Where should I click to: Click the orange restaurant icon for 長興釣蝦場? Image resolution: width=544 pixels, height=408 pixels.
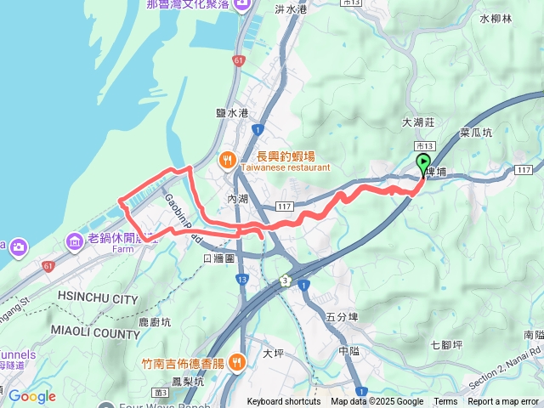[x=227, y=158]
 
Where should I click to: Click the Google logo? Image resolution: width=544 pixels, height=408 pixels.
[x=31, y=396]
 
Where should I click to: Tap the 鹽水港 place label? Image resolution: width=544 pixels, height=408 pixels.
[x=231, y=113]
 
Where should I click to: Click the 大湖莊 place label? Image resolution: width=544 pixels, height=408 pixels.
[x=418, y=122]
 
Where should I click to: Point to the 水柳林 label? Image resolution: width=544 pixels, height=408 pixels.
[x=496, y=18]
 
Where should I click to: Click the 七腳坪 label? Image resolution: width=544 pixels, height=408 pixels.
[x=445, y=344]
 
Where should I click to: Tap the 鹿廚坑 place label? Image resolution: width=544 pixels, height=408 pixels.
[x=155, y=323]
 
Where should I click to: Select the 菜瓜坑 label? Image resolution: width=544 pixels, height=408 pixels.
[x=476, y=133]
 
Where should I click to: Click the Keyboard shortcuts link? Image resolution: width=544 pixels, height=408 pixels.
[x=284, y=401]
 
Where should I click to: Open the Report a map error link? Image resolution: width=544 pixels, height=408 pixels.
[x=503, y=401]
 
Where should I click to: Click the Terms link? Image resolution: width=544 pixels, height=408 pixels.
[x=445, y=401]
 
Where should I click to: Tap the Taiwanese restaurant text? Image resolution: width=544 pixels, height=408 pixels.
[x=285, y=168]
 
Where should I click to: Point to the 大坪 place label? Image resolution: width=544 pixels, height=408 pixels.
[x=273, y=353]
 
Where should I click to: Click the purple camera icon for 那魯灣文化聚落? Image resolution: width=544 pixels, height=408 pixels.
[x=241, y=6]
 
